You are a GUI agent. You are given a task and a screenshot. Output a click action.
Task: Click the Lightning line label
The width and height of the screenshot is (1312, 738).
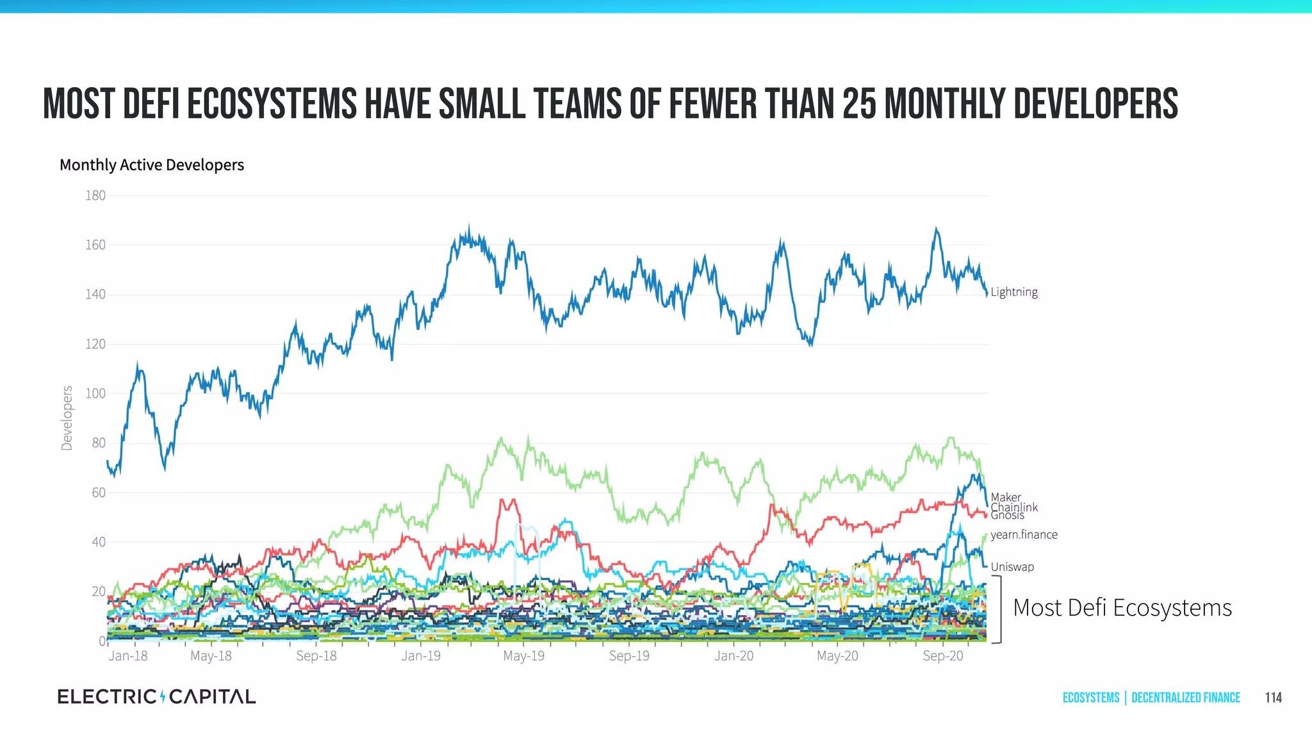(1013, 292)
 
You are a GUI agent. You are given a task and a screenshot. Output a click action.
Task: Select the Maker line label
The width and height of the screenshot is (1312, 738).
(1005, 497)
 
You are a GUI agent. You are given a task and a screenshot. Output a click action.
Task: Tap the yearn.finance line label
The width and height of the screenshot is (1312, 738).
(1024, 535)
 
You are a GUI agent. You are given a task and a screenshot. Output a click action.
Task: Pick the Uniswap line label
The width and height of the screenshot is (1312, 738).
(1012, 567)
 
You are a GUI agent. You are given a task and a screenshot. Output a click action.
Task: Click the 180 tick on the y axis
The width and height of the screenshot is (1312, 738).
(95, 195)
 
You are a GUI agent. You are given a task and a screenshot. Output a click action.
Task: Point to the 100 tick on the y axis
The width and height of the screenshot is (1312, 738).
(95, 393)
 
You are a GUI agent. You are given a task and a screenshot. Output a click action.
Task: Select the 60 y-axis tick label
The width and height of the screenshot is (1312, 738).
(99, 493)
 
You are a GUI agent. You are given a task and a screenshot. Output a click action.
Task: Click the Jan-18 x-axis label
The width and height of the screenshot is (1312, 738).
(128, 656)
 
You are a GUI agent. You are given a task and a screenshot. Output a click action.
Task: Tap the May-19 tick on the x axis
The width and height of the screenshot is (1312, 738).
(523, 656)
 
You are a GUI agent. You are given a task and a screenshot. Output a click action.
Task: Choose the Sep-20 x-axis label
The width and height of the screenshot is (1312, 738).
(942, 656)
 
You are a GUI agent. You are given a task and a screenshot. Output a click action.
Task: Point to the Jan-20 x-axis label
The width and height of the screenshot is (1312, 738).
(734, 656)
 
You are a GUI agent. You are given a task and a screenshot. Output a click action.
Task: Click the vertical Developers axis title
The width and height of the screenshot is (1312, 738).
(67, 418)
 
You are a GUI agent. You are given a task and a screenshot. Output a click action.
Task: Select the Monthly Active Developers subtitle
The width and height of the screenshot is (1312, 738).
(152, 165)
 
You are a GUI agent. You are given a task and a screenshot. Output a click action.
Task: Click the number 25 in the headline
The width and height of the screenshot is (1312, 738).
(859, 104)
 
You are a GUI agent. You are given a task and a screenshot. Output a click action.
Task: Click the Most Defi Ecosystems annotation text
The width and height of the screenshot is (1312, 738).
(1122, 607)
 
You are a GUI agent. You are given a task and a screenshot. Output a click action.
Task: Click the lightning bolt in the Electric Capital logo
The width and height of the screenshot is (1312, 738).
(163, 696)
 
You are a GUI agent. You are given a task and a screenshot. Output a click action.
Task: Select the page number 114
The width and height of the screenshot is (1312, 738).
(1273, 698)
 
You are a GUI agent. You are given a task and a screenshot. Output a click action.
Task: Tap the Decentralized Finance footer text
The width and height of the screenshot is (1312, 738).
(1186, 698)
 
